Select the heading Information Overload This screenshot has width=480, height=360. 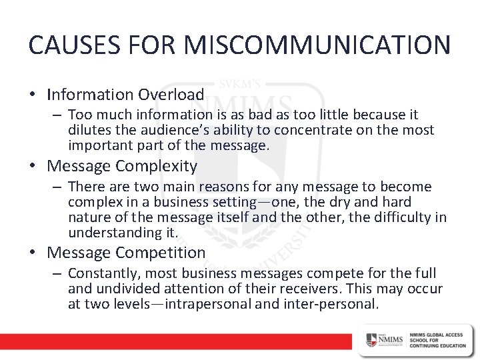(125, 95)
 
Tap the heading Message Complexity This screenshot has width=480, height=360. (123, 165)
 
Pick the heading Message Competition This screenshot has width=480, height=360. (127, 252)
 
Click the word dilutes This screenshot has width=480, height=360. (90, 130)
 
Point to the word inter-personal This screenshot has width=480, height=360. (339, 304)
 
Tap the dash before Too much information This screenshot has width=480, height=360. (59, 115)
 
